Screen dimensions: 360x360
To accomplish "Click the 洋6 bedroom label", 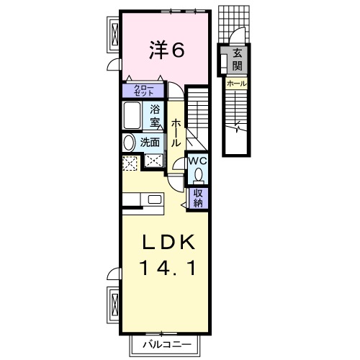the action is [x=167, y=50].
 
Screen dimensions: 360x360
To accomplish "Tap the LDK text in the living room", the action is [x=168, y=242].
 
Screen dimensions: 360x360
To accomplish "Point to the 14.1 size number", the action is [x=167, y=268].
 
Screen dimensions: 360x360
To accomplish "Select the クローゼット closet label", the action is [x=143, y=91].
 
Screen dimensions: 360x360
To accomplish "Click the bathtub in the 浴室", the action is [x=132, y=115].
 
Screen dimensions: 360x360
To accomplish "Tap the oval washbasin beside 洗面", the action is [x=129, y=143].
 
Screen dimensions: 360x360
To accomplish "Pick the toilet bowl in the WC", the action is [x=199, y=174].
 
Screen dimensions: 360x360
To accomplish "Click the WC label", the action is [x=197, y=161].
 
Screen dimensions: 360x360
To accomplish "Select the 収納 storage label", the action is [x=198, y=199].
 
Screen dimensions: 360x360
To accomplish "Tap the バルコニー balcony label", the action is [x=167, y=345].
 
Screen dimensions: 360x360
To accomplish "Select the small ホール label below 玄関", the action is [x=237, y=84].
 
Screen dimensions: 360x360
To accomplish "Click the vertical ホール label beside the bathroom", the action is [x=176, y=132].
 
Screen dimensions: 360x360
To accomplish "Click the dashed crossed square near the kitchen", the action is [x=130, y=163].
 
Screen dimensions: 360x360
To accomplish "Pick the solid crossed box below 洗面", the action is [x=153, y=161].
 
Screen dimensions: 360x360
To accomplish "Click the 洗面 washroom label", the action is [x=150, y=143].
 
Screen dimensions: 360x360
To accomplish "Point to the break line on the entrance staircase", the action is [x=237, y=127].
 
